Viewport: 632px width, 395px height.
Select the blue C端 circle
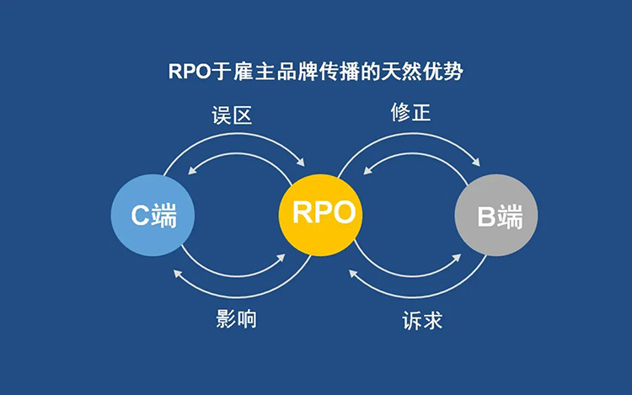[153, 216]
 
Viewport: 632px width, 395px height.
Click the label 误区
[232, 115]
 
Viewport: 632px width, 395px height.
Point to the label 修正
[410, 112]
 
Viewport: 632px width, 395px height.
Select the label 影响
[235, 318]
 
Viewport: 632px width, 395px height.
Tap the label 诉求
[419, 320]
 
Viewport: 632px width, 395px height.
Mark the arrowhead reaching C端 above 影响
[178, 272]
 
